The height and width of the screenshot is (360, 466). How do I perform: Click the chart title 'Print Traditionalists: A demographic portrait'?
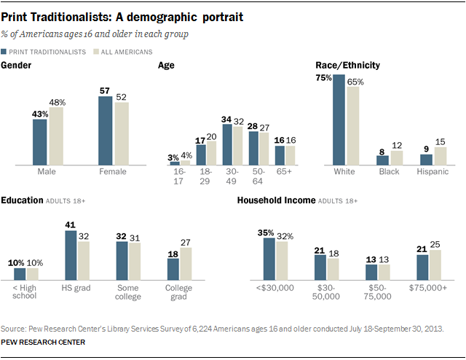[122, 15]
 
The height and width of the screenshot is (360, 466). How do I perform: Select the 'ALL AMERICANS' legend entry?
[126, 52]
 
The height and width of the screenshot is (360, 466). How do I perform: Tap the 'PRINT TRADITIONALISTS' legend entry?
[47, 52]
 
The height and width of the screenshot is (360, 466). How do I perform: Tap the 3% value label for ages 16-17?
[173, 156]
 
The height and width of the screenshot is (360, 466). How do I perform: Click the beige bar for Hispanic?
[440, 155]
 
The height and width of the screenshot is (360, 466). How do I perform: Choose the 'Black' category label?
[388, 172]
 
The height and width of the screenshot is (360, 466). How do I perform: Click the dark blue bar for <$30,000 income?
[269, 259]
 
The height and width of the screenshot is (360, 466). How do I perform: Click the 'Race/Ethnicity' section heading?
[347, 66]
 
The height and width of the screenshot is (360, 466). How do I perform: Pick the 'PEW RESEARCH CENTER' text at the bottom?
[43, 342]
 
